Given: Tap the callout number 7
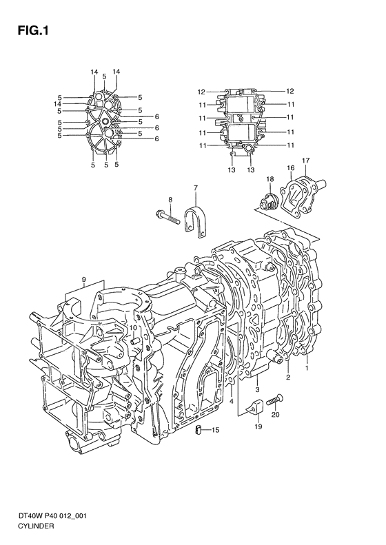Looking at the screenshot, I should click(x=195, y=188).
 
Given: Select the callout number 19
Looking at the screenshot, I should click(x=258, y=427).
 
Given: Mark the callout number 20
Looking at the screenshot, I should click(x=276, y=415).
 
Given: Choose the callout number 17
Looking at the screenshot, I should click(x=306, y=161).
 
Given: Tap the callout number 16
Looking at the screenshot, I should click(x=291, y=167).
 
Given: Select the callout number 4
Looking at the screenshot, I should click(x=232, y=401).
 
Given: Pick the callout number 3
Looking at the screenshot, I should click(x=256, y=391).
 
